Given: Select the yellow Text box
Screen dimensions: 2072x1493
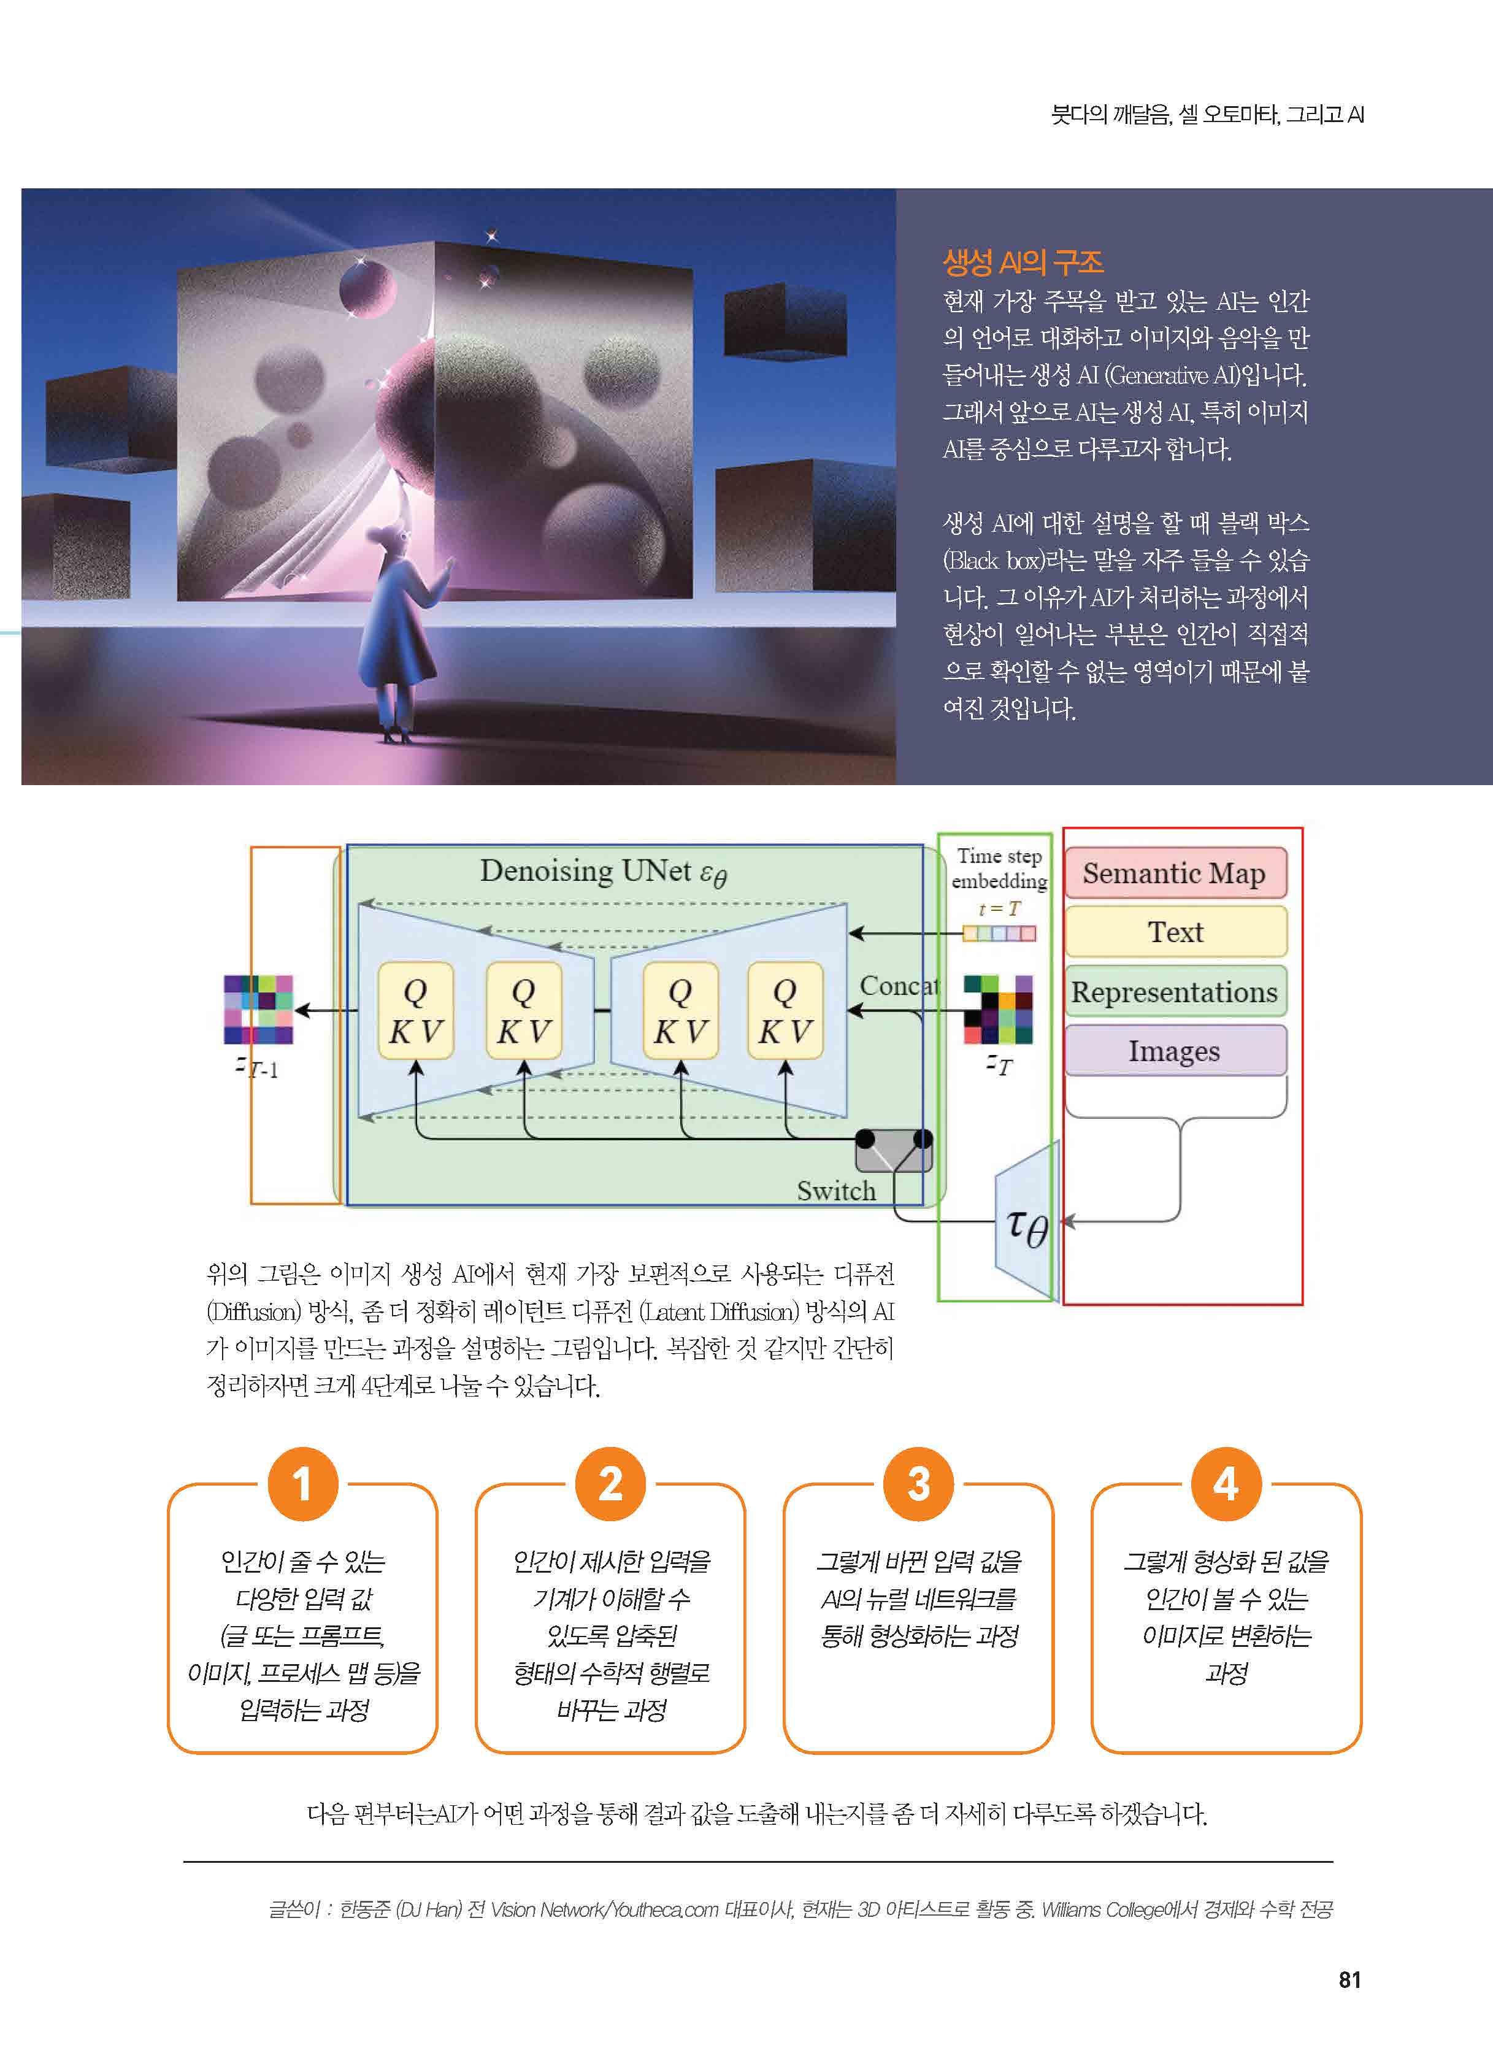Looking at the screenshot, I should (x=1175, y=932).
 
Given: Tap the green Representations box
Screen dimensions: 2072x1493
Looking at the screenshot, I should (x=1175, y=991).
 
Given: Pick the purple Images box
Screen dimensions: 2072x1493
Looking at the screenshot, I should (x=1175, y=1051).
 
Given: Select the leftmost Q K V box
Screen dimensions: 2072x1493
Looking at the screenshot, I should (x=416, y=1010).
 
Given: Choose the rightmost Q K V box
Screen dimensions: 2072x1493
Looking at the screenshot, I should (x=785, y=1010).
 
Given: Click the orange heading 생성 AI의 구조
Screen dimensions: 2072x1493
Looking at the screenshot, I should (x=1023, y=263).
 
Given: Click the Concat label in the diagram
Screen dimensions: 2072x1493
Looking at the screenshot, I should (x=898, y=986).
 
